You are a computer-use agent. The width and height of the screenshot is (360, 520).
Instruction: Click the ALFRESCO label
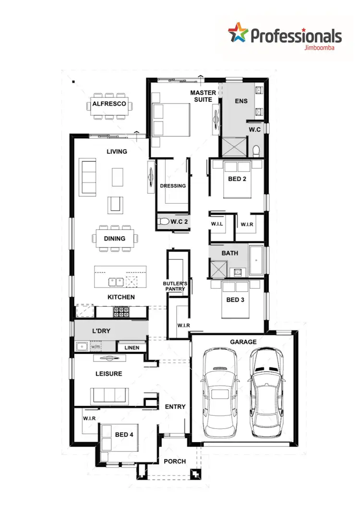coord(109,104)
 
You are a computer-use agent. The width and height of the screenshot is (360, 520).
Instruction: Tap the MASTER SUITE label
coord(203,96)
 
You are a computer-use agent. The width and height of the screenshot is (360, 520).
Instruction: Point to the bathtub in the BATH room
coord(256,261)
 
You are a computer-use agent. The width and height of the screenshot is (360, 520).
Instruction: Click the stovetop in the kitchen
coord(121,312)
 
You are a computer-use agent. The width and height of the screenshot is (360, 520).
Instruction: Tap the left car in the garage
coord(219,392)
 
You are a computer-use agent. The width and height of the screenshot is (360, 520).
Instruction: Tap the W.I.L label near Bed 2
coord(218,224)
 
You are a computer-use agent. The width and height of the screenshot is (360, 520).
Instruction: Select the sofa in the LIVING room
coord(88,177)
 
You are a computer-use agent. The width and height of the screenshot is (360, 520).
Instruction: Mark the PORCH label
coord(175,461)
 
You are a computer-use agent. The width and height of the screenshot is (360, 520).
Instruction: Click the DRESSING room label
coord(173,186)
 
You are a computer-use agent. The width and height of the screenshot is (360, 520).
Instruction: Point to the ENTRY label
coord(175,407)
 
